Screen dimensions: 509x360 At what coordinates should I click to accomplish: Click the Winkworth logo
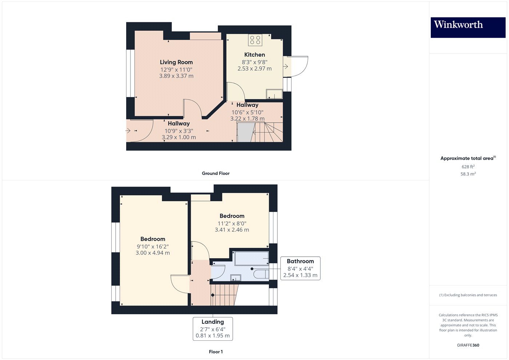468,27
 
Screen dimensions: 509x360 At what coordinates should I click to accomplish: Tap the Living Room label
176,62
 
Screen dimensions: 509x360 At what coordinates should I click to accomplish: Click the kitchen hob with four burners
255,40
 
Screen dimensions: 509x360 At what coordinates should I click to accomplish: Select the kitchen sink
274,94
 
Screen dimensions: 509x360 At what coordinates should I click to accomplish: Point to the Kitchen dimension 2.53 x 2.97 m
254,68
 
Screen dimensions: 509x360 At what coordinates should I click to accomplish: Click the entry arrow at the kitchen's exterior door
286,66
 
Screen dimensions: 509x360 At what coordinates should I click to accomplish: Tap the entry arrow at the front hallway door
128,131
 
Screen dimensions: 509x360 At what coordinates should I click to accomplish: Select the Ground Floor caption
216,173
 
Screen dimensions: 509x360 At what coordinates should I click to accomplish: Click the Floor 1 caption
216,352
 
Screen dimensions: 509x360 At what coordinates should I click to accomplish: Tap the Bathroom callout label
300,268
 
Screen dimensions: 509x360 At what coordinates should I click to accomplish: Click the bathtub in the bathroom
251,258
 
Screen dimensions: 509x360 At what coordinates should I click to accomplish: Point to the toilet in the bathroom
261,274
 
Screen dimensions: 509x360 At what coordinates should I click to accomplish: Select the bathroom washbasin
236,278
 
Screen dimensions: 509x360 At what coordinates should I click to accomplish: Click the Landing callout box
213,329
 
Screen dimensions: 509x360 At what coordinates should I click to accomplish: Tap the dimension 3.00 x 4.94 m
153,253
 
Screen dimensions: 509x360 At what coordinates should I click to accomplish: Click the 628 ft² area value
468,167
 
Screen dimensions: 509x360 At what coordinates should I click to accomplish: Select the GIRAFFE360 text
468,345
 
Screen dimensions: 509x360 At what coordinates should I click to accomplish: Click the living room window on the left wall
131,73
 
